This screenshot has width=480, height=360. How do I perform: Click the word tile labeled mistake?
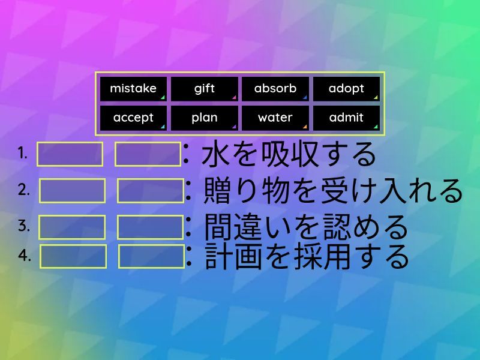(x=133, y=89)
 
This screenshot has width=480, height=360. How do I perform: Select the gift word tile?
(x=204, y=89)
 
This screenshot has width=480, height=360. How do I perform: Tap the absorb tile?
(x=275, y=89)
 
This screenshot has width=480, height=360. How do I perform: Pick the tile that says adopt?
(x=346, y=89)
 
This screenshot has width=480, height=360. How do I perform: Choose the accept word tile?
(x=133, y=118)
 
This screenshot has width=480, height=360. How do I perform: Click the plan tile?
(x=204, y=118)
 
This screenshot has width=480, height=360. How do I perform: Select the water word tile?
(x=275, y=118)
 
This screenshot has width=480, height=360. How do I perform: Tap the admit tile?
(x=346, y=118)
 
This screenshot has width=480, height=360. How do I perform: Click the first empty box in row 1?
(x=70, y=154)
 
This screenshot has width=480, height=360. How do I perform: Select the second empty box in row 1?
(x=148, y=154)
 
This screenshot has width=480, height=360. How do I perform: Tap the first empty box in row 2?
(x=72, y=191)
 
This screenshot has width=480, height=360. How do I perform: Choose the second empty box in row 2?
(x=151, y=191)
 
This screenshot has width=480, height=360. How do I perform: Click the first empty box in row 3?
(x=72, y=227)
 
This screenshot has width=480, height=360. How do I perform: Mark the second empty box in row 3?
(x=151, y=227)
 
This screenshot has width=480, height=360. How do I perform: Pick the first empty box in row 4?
(x=73, y=257)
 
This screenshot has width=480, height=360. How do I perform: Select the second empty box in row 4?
(x=152, y=257)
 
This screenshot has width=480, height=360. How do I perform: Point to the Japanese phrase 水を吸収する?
(x=289, y=155)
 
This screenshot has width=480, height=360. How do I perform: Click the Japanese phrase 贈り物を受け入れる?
(x=333, y=191)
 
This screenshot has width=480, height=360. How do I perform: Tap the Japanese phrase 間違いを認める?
(x=305, y=227)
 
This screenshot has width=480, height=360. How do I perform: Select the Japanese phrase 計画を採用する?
(x=307, y=257)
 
